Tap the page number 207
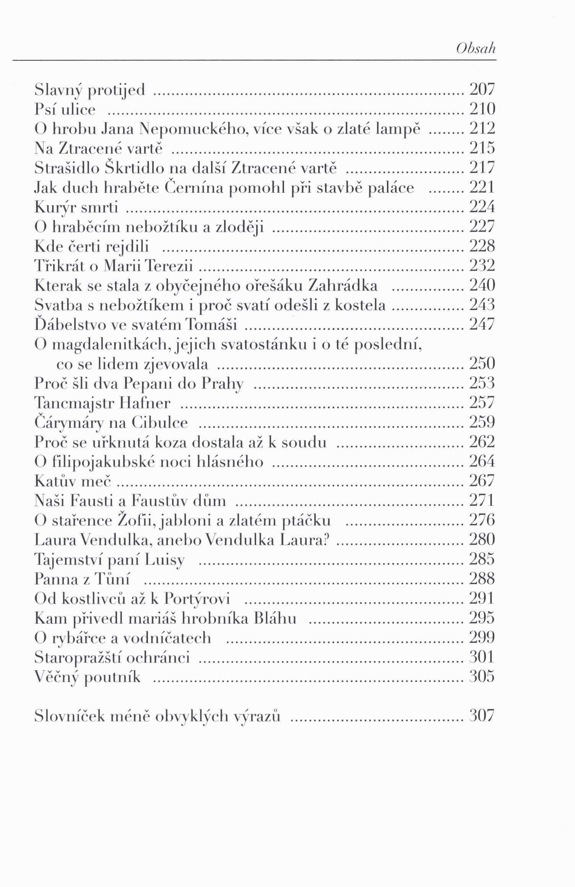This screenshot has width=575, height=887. pyautogui.click(x=482, y=90)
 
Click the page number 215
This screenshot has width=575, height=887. pyautogui.click(x=482, y=148)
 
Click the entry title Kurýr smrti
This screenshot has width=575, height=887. pyautogui.click(x=76, y=208)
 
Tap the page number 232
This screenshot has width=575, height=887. pyautogui.click(x=482, y=266)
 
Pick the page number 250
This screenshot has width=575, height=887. pyautogui.click(x=482, y=363)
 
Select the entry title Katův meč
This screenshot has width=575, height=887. pyautogui.click(x=72, y=481)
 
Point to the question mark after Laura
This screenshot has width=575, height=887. pyautogui.click(x=326, y=540)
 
